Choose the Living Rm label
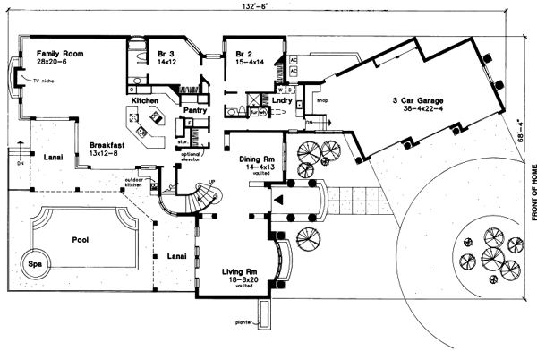click(239, 270)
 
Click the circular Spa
click(33, 266)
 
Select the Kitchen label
click(146, 101)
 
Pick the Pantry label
click(195, 110)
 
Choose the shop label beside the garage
click(323, 101)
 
